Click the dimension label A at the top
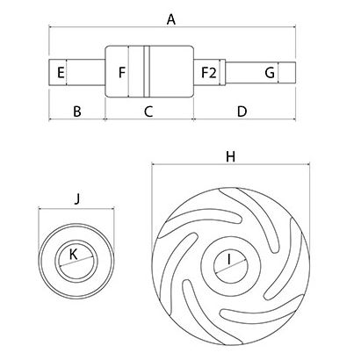171,20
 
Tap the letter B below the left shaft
77,112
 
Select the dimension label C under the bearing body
148,112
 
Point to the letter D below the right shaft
242,112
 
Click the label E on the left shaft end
61,73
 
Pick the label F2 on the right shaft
209,73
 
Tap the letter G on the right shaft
270,73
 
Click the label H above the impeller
230,157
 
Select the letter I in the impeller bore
229,259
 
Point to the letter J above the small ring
76,199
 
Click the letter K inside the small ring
73,255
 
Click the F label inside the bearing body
122,73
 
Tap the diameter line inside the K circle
76,262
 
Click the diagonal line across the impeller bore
231,266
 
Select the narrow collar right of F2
222,73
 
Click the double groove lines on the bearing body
147,71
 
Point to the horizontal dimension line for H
231,164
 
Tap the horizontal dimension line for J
76,209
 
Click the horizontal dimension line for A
172,27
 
